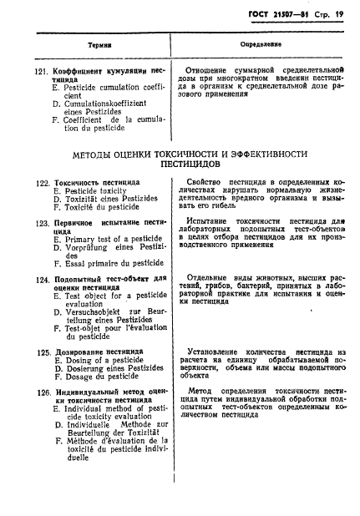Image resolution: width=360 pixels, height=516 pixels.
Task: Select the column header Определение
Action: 260,43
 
